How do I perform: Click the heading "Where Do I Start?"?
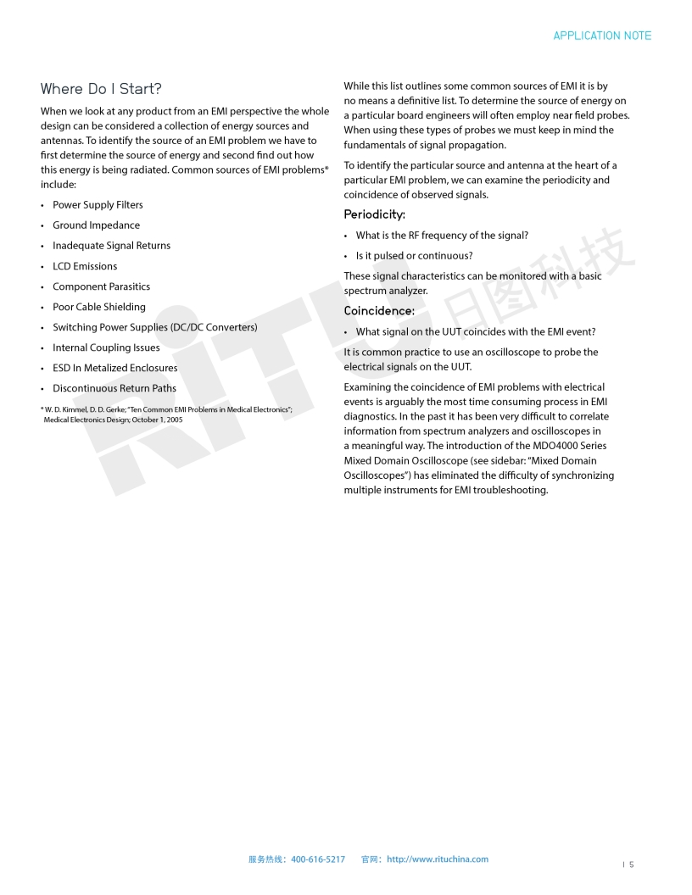coord(101,89)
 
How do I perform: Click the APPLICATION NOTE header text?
coord(602,36)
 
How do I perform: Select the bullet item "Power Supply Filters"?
coord(98,205)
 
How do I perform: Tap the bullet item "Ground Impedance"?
coord(96,225)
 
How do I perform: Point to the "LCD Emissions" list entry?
coord(85,266)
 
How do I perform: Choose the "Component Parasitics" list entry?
coord(101,286)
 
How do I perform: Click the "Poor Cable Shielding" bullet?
coord(99,307)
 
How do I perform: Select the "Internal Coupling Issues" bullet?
coord(106,347)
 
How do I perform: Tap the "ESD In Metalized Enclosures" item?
coord(115,368)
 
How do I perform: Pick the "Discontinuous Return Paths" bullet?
coord(114,388)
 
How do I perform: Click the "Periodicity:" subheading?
coord(374,214)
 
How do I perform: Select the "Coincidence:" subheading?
coord(379,311)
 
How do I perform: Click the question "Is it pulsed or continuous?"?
coord(414,256)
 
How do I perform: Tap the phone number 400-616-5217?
coord(318,859)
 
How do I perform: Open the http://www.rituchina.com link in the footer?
coord(438,859)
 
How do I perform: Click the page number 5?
coord(631,864)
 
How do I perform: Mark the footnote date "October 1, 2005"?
coord(157,420)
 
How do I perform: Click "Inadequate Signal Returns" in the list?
coord(111,246)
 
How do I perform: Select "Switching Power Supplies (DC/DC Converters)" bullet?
coord(154,327)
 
